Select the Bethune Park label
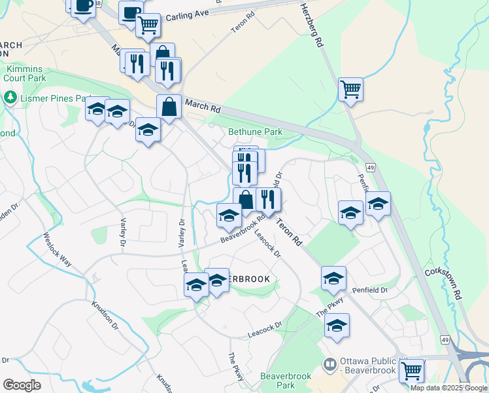pos(255,132)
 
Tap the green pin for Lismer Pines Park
pos(10,98)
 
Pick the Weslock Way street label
pos(58,249)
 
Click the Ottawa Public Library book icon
pos(330,364)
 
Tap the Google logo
pos(22,385)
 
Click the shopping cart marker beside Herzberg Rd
pos(350,88)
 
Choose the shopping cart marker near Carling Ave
pos(148,25)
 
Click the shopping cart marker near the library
pos(412,371)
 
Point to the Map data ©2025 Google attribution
pos(449,388)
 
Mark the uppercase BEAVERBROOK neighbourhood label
pos(246,279)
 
